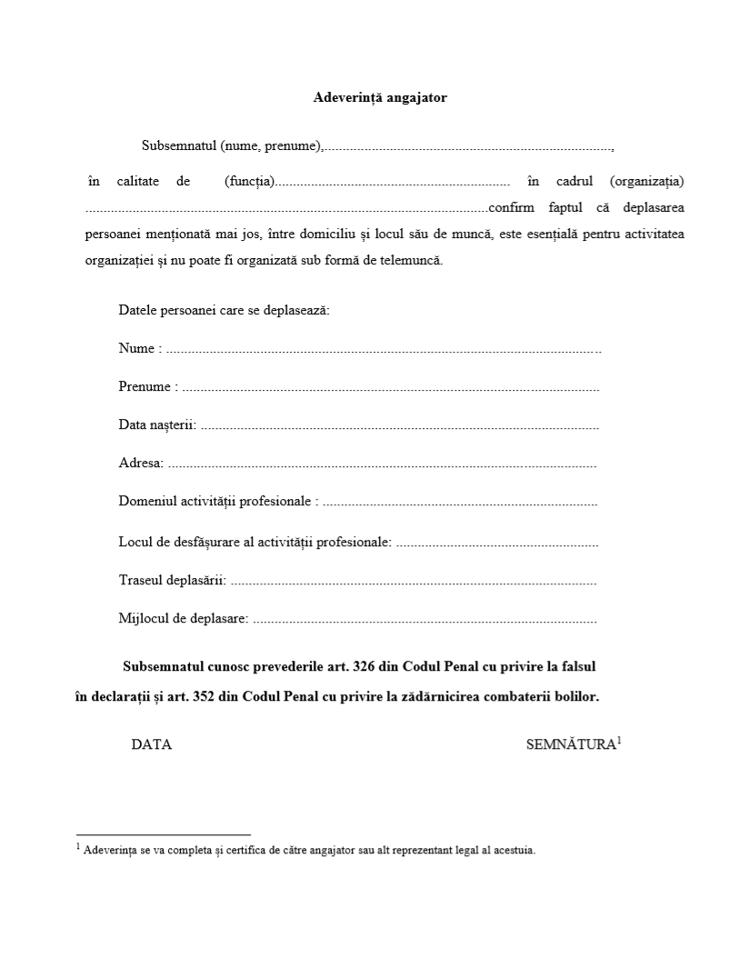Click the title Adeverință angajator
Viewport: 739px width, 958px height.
(380, 97)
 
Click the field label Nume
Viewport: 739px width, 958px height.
(137, 348)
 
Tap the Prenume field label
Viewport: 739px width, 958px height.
(145, 387)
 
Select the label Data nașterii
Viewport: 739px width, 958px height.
(156, 425)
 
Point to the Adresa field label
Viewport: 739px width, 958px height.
(140, 464)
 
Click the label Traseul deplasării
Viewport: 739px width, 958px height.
(172, 580)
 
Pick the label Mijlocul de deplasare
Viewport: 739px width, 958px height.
(183, 619)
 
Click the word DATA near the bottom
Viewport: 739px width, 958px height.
(152, 744)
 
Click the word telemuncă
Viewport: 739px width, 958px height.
(412, 260)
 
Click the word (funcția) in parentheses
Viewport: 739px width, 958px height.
(249, 181)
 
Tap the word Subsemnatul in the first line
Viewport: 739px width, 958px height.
(178, 145)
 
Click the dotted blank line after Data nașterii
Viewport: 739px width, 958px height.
(400, 426)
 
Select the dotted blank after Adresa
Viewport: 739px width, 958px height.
(382, 464)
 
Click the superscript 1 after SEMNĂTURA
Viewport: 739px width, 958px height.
(619, 740)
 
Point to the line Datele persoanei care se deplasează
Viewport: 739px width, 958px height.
(224, 310)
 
